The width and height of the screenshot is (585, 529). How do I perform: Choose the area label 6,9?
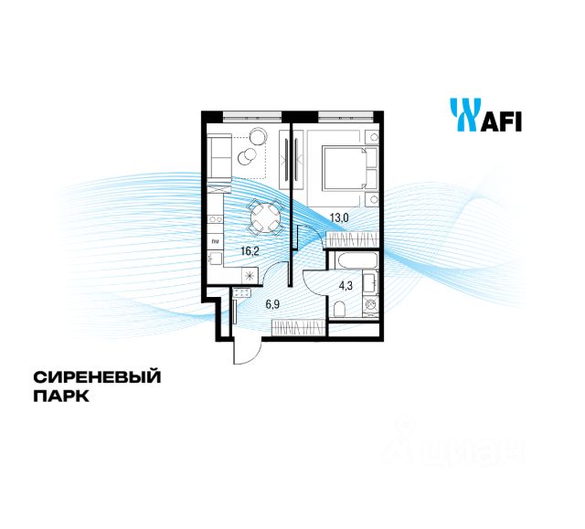[x=272, y=304]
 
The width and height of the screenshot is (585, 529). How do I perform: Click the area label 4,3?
[x=346, y=283]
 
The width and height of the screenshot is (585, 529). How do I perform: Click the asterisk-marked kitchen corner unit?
[x=248, y=274]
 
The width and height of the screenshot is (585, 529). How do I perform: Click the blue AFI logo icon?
[x=463, y=115]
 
